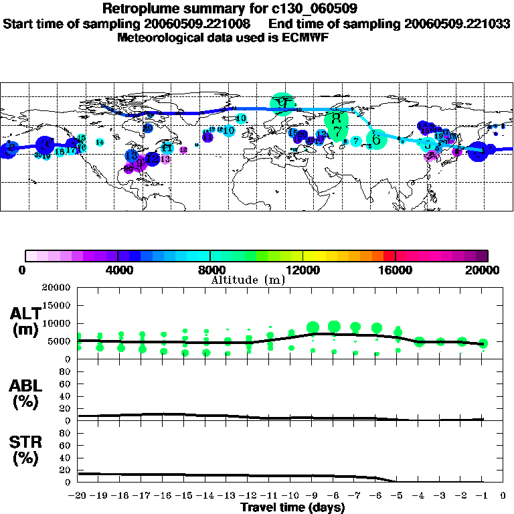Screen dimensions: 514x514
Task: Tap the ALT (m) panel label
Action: click(x=25, y=321)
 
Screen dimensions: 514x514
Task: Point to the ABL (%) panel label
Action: click(x=25, y=394)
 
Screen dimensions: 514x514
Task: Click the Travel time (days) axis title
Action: click(x=292, y=508)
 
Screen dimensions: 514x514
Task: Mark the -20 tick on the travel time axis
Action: click(x=78, y=496)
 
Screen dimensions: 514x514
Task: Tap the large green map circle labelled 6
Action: click(x=377, y=139)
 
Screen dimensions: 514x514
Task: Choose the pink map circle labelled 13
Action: click(x=165, y=159)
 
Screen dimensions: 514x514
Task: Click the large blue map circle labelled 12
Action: click(x=153, y=159)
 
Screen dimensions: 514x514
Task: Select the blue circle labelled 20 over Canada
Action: click(x=147, y=128)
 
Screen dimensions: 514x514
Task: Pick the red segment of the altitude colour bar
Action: click(x=389, y=255)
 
